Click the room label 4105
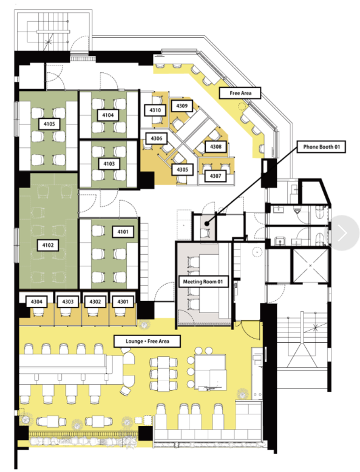(x=49, y=124)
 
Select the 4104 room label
(x=108, y=115)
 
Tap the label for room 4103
(x=109, y=164)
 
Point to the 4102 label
(x=48, y=245)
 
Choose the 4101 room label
(x=123, y=232)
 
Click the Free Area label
(x=240, y=93)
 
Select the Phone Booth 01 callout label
(x=321, y=147)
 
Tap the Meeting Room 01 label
(x=203, y=282)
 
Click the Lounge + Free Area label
(x=148, y=342)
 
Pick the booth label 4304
(x=36, y=302)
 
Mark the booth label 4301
(x=123, y=302)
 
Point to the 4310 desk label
(x=155, y=110)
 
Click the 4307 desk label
(x=216, y=176)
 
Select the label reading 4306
(x=157, y=138)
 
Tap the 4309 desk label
(x=182, y=106)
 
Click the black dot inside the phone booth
(x=206, y=223)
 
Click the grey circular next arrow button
(x=342, y=233)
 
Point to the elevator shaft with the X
(x=310, y=266)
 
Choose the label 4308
(x=216, y=147)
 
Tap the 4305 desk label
(x=182, y=169)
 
